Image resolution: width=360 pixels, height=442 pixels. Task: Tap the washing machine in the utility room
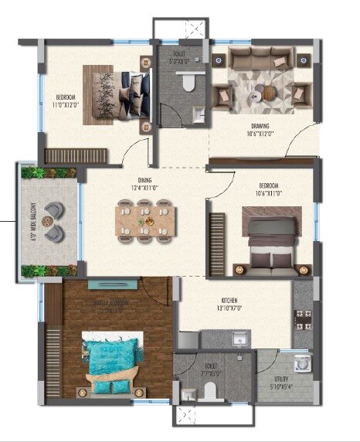[302, 362]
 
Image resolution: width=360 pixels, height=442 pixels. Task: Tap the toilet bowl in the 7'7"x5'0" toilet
[208, 392]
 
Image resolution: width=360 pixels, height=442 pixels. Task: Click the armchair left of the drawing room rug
[224, 95]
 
